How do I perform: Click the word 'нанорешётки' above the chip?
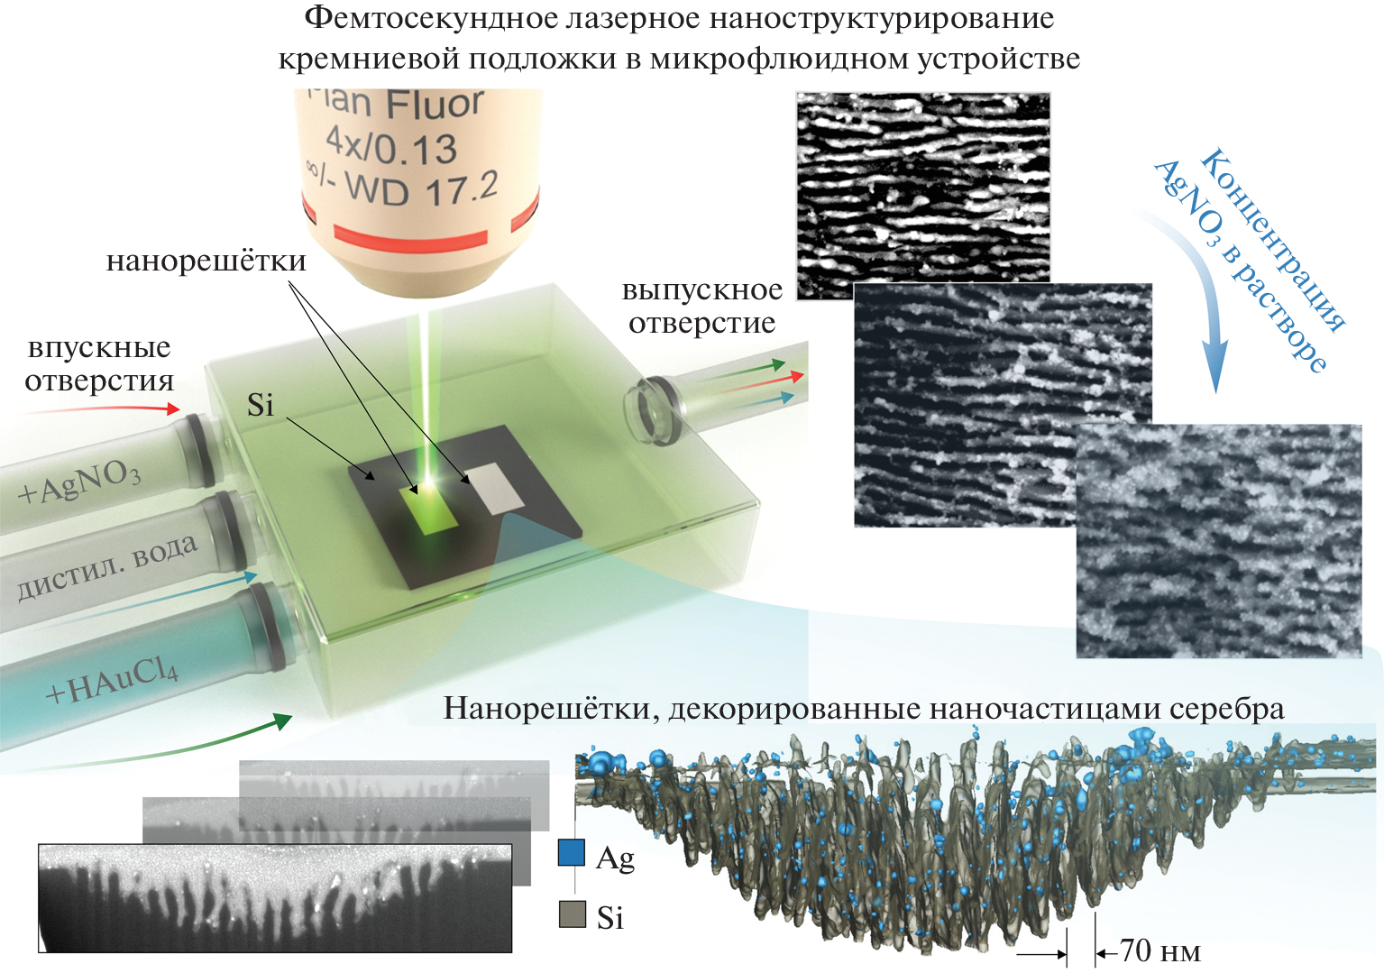point(206,262)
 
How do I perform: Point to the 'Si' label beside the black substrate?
point(260,406)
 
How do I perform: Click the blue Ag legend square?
point(572,853)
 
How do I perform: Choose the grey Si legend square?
point(572,914)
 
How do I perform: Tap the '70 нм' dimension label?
point(1159,951)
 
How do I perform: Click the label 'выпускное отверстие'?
point(701,307)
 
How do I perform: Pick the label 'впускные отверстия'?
point(99,364)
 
